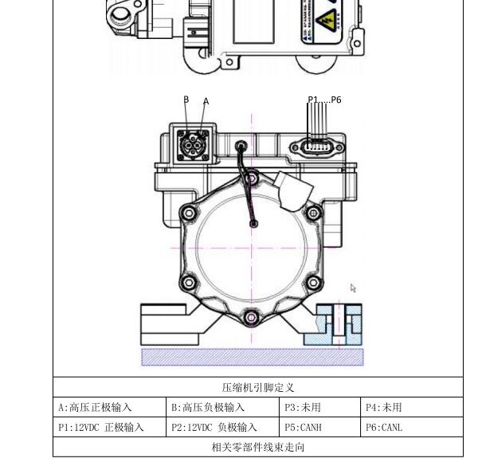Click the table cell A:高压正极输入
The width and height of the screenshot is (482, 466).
95,407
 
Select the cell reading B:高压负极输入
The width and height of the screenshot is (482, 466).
208,407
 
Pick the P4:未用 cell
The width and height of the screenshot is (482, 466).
384,407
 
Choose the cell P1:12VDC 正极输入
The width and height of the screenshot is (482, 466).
101,427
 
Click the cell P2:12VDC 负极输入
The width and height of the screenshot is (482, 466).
214,427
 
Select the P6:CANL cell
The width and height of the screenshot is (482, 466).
384,427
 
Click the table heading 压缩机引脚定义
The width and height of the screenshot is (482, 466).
257,388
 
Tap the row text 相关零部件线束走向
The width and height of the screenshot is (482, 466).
257,447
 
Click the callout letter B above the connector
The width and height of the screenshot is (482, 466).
186,100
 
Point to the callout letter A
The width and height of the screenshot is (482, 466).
206,101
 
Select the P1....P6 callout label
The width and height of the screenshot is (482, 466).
324,100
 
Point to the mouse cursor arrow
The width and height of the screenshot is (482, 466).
353,288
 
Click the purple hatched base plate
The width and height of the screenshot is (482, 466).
252,356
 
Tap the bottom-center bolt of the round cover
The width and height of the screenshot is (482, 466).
252,318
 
